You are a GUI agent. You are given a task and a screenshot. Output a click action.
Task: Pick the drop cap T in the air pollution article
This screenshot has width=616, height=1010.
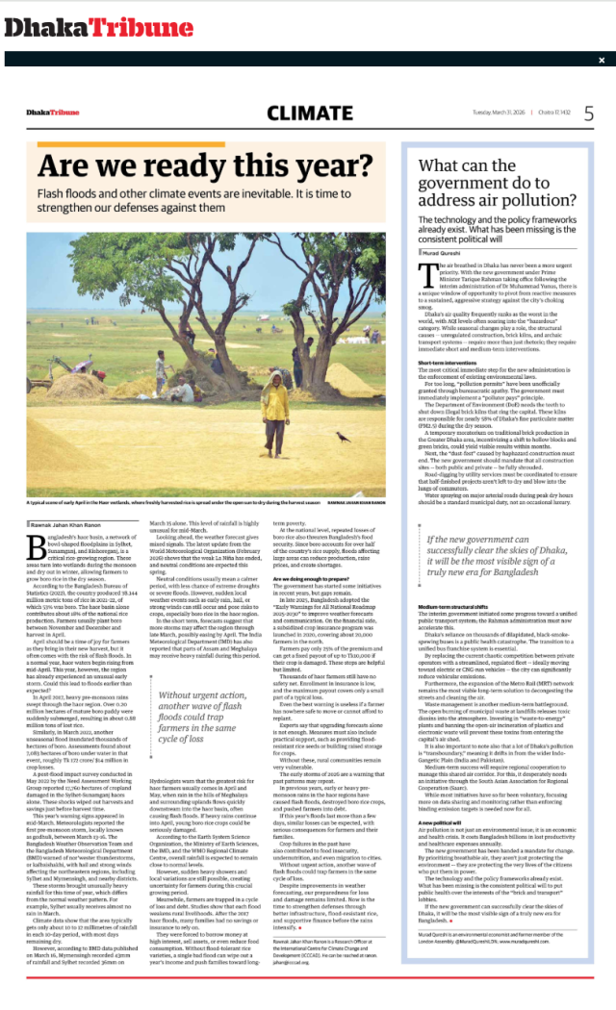424,273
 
